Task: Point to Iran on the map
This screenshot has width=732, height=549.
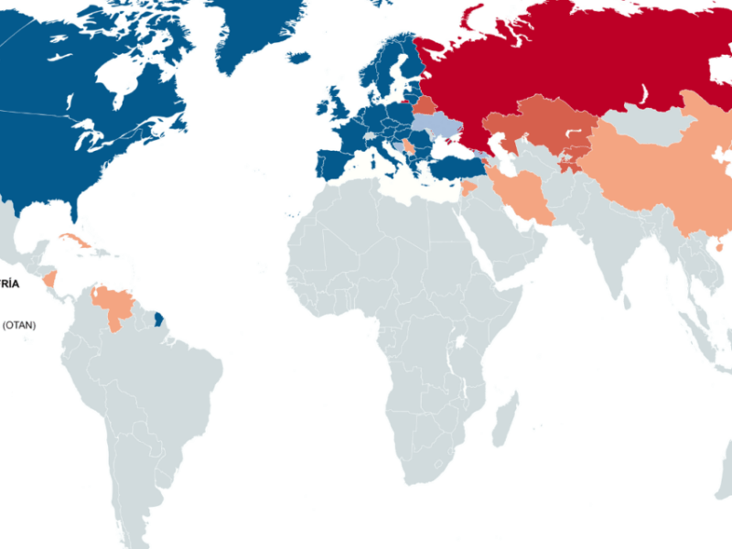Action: pos(527,197)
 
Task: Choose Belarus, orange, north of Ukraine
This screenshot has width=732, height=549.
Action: pos(425,104)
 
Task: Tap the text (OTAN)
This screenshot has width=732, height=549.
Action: pos(18,325)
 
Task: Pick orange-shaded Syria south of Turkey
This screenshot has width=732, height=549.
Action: pos(470,188)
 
